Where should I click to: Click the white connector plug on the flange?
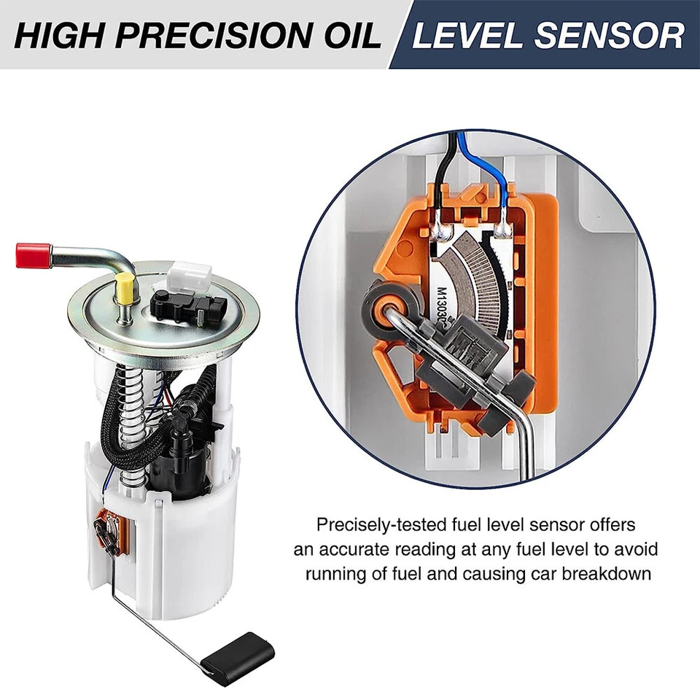(x=187, y=276)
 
